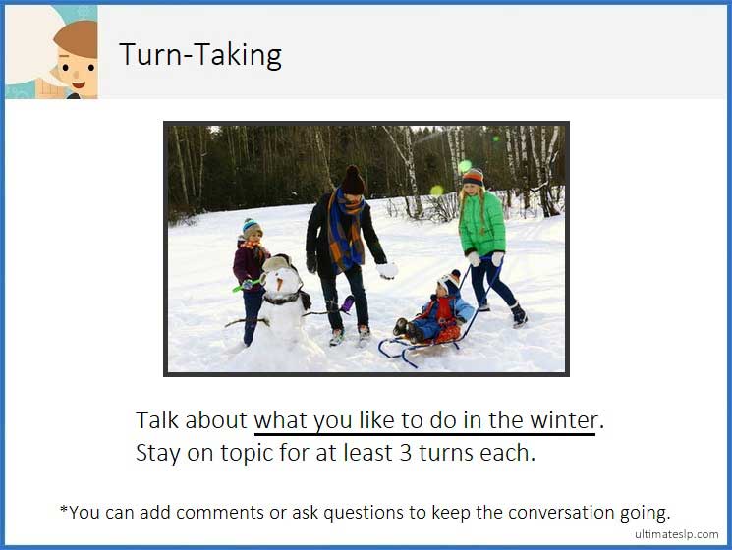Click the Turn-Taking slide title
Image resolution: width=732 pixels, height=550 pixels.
coord(200,55)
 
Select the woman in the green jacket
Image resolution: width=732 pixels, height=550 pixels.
coord(482,236)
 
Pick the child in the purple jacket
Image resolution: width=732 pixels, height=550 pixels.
coord(251,265)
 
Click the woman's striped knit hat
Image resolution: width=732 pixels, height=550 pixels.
coord(474,177)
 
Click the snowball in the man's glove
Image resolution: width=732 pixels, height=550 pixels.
coord(387,270)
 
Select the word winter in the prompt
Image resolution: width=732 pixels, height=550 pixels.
coord(562,420)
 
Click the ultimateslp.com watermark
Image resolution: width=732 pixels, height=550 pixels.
coord(677,534)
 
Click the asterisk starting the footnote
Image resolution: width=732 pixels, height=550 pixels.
coord(63,510)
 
